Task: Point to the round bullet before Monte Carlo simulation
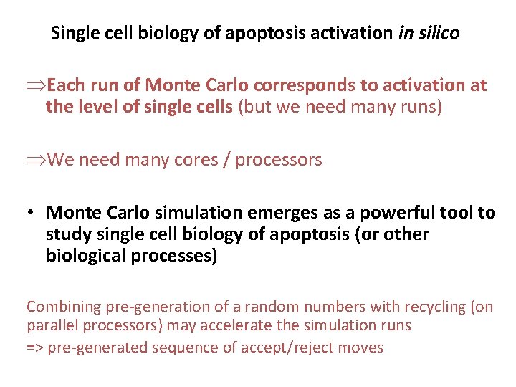[33, 213]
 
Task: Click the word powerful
[394, 213]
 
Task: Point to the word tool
[462, 213]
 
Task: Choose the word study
[66, 234]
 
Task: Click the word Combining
[64, 307]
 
